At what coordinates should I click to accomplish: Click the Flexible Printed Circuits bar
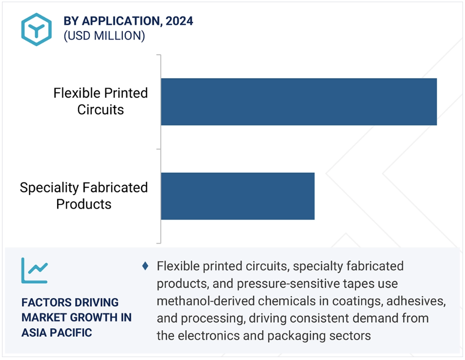[x=299, y=102]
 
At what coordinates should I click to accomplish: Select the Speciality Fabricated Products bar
[x=238, y=196]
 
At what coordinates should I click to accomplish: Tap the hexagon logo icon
[x=37, y=29]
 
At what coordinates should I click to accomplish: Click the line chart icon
[x=35, y=270]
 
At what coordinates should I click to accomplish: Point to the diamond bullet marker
[x=145, y=266]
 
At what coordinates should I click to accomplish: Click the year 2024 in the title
[x=179, y=21]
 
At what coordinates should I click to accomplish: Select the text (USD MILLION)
[x=104, y=36]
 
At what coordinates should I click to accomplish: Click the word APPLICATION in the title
[x=122, y=21]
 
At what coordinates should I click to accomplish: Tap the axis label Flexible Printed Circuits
[x=101, y=101]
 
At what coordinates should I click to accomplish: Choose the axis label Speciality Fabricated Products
[x=84, y=196]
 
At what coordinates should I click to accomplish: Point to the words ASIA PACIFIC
[x=57, y=332]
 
